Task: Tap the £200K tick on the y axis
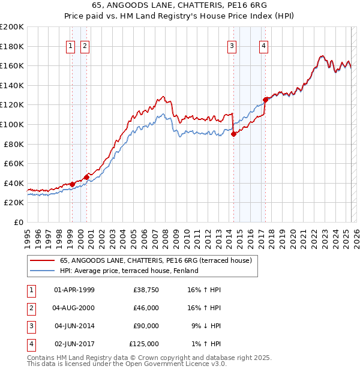coord(12,27)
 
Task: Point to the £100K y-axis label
coord(12,124)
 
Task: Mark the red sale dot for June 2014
coord(233,134)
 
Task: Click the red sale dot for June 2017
coord(265,100)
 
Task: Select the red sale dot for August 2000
coord(86,177)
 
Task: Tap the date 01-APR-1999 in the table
coord(74,290)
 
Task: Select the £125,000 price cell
coord(144,344)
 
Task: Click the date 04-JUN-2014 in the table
coord(74,326)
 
